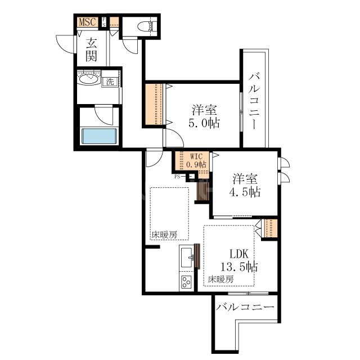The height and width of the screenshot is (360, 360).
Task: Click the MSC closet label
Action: point(87,22)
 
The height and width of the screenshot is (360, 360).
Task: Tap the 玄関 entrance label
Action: point(91,50)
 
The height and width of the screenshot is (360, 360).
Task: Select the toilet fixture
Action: point(146,25)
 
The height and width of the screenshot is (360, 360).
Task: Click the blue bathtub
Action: point(99,136)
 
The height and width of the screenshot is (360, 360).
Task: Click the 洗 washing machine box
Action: point(110,82)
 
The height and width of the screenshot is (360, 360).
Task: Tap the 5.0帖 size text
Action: point(204,123)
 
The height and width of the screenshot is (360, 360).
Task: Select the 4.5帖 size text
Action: point(245,192)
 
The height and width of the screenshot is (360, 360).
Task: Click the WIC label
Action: point(196,156)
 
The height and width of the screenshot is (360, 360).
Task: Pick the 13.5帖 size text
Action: point(238,267)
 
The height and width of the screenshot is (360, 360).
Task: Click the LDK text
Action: point(239,254)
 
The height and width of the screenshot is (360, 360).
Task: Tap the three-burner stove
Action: point(186,282)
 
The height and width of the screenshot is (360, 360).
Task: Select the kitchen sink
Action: point(187,258)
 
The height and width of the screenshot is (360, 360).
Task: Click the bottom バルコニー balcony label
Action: point(245,307)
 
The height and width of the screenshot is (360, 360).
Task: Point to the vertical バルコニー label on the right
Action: point(254,101)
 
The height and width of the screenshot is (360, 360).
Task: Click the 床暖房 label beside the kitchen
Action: point(164,235)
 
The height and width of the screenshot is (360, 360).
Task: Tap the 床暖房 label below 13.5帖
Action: point(221,279)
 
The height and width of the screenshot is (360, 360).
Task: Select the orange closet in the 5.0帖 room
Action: point(154,104)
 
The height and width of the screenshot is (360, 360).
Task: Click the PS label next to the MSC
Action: point(104,22)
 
